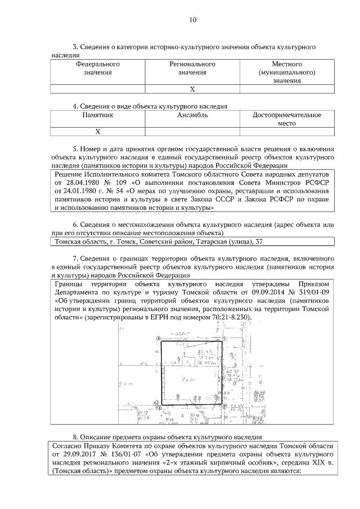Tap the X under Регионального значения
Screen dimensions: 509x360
click(192, 89)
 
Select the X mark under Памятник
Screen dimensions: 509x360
click(97, 132)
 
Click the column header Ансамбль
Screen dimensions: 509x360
click(192, 115)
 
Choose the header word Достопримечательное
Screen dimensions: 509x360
click(287, 115)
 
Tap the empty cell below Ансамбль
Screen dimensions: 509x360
click(192, 132)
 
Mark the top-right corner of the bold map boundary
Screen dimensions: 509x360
click(223, 341)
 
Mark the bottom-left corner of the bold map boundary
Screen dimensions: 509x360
click(161, 404)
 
